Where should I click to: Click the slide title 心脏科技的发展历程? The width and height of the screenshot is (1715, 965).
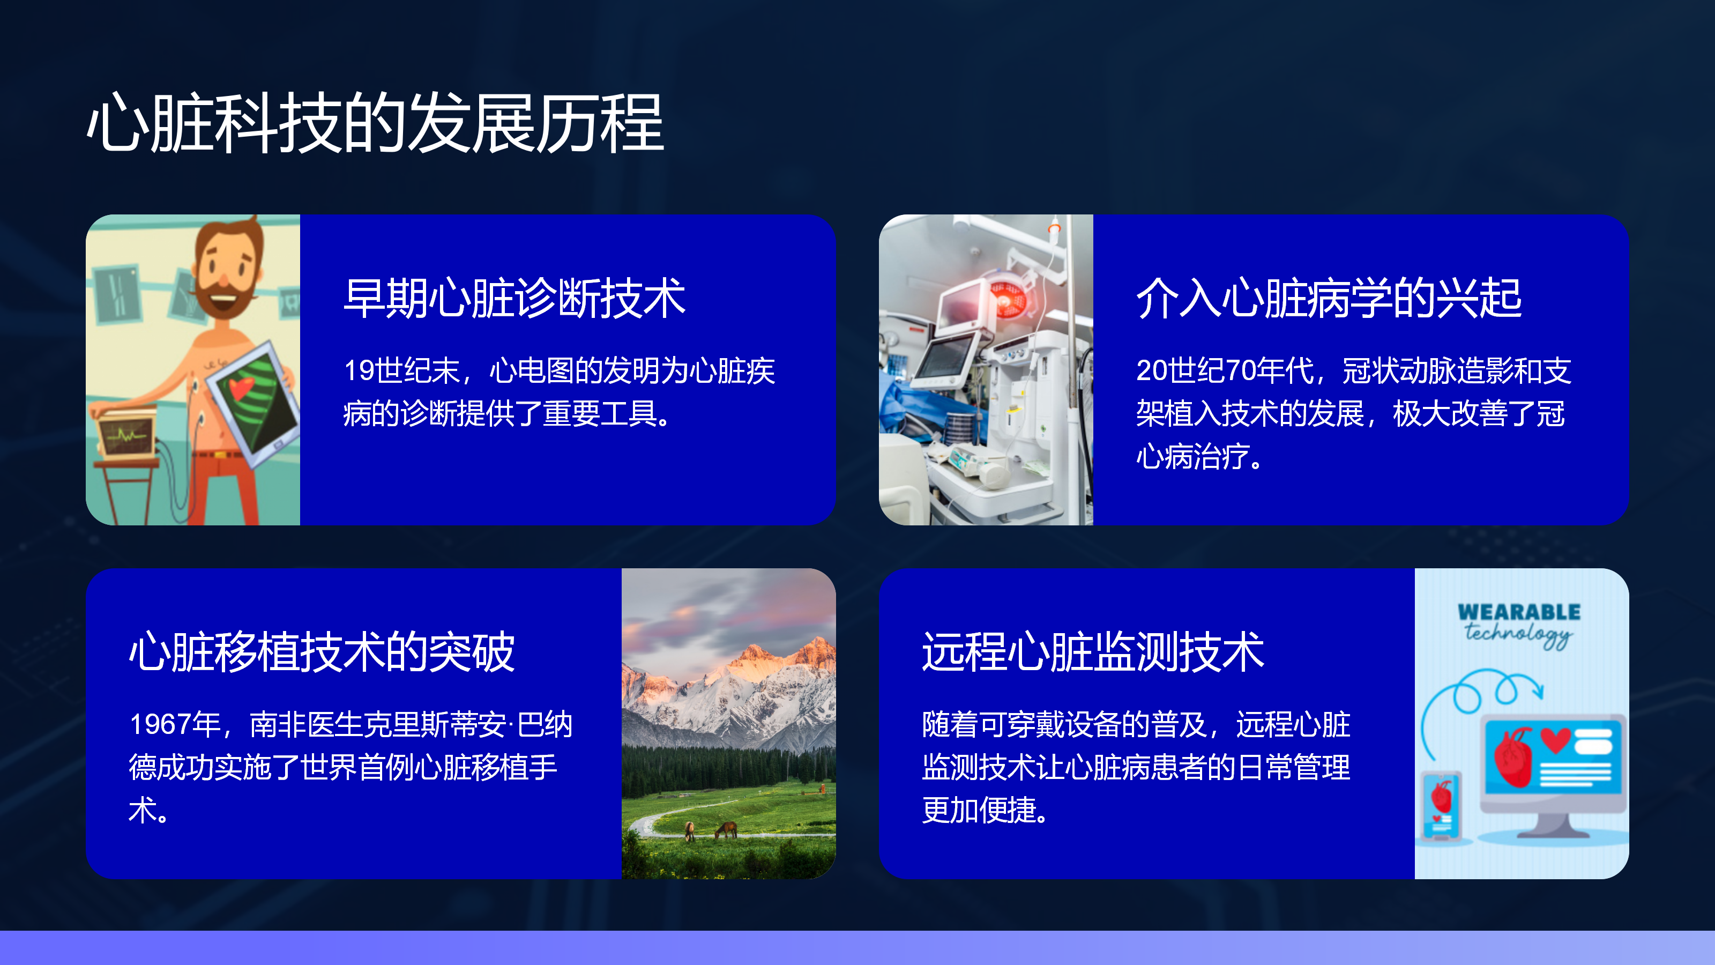[x=376, y=123]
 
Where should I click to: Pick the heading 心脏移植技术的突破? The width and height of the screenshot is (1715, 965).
[x=322, y=651]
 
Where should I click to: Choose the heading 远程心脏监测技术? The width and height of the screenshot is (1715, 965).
[x=1093, y=651]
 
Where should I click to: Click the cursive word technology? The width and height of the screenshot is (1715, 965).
[x=1518, y=633]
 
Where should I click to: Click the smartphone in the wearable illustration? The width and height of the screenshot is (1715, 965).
[x=1441, y=805]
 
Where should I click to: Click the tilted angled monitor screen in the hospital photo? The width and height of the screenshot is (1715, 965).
[x=946, y=360]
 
